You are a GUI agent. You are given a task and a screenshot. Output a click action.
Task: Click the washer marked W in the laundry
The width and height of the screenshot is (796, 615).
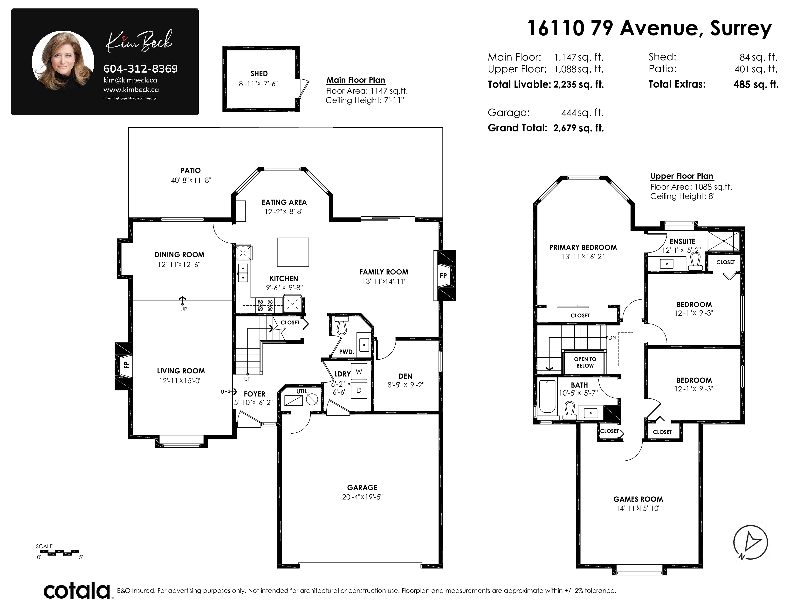359,372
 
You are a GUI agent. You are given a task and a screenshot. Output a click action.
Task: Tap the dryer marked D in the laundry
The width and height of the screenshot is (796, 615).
359,390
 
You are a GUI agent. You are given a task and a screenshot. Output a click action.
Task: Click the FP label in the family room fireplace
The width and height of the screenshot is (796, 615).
443,276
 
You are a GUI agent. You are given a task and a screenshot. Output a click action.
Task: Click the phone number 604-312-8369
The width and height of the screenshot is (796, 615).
141,68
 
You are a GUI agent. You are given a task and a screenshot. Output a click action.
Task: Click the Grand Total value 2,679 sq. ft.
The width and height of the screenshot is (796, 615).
578,128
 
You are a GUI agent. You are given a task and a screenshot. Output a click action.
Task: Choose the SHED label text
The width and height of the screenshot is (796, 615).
259,74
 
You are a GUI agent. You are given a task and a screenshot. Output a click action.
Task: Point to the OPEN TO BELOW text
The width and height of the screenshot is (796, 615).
585,362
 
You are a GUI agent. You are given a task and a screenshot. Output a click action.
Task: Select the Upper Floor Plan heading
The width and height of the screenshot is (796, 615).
682,176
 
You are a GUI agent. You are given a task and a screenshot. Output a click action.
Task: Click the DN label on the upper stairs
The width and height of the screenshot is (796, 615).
612,338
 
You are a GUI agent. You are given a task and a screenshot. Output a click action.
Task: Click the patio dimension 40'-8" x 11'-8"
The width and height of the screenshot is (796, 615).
191,180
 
